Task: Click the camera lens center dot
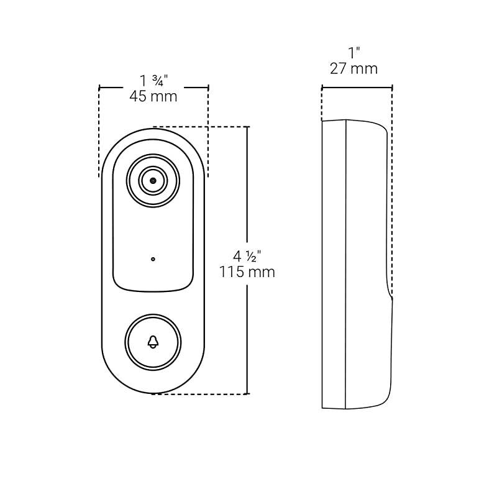pos(153,180)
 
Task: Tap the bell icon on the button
pos(153,342)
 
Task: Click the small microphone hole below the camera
pos(153,259)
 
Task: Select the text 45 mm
pos(153,96)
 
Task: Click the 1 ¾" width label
pos(154,81)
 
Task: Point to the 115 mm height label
pos(247,272)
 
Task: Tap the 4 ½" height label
pos(247,256)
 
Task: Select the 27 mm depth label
pos(353,68)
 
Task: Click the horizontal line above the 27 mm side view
pos(357,87)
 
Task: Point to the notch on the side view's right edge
pos(391,297)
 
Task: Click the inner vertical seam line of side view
pos(345,261)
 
